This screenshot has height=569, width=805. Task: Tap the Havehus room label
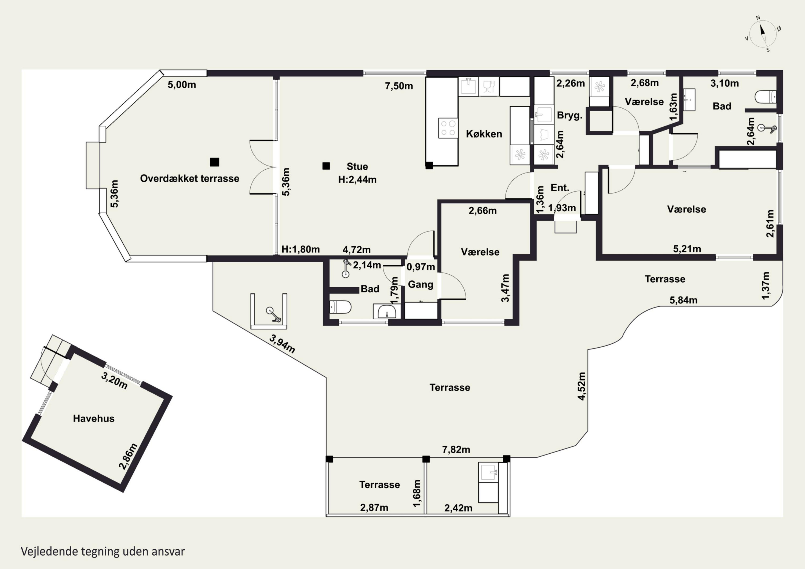94,418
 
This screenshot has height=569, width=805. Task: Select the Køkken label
484,134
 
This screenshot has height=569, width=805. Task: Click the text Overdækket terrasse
190,178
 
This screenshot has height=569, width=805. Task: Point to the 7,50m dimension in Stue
399,86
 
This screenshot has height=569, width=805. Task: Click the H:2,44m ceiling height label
357,179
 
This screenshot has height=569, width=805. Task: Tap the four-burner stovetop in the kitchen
448,128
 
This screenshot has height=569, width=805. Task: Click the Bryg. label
569,115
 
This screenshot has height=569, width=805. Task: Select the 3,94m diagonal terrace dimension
282,344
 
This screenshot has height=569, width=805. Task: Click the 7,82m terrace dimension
456,449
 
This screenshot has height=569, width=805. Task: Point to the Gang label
420,284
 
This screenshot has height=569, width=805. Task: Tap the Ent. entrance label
559,188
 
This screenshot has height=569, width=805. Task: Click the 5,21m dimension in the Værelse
687,249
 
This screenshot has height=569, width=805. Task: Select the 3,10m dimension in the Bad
724,83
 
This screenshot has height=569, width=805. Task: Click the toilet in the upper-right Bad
765,97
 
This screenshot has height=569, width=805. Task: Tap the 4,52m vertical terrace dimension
581,386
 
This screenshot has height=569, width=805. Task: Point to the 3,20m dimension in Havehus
114,381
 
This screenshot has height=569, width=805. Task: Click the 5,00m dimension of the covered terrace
182,85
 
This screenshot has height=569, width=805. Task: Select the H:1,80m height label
301,249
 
